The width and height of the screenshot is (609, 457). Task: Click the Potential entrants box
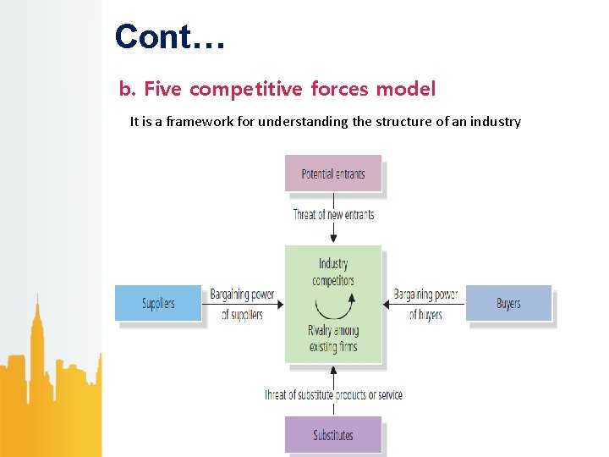[333, 174]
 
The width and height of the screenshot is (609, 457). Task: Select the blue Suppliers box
[158, 303]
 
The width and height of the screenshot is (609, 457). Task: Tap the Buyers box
[508, 303]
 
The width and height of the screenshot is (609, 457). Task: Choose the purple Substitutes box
[333, 435]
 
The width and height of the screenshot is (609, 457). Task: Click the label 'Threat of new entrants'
[333, 214]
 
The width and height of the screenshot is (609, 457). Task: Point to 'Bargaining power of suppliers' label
[242, 305]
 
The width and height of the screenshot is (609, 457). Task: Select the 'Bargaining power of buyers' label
[425, 305]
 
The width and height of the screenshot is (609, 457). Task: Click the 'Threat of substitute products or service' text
[333, 394]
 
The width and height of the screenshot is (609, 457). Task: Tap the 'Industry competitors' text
[333, 272]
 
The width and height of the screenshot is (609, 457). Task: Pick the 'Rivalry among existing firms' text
[333, 339]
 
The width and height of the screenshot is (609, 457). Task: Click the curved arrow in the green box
[333, 305]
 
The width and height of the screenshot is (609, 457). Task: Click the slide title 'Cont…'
[170, 37]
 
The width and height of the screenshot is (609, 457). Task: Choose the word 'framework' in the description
[199, 121]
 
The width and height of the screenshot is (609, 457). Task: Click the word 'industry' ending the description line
[497, 121]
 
